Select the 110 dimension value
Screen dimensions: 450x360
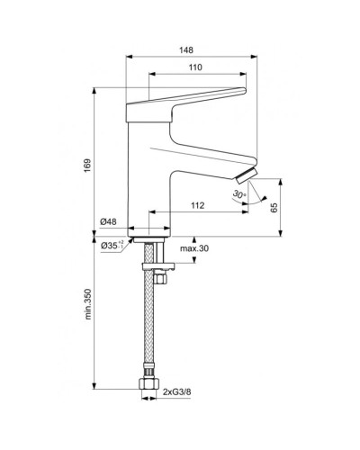point(195,68)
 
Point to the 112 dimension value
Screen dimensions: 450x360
point(198,206)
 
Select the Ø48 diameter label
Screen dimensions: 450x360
point(109,222)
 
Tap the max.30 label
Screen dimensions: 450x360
point(193,248)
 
